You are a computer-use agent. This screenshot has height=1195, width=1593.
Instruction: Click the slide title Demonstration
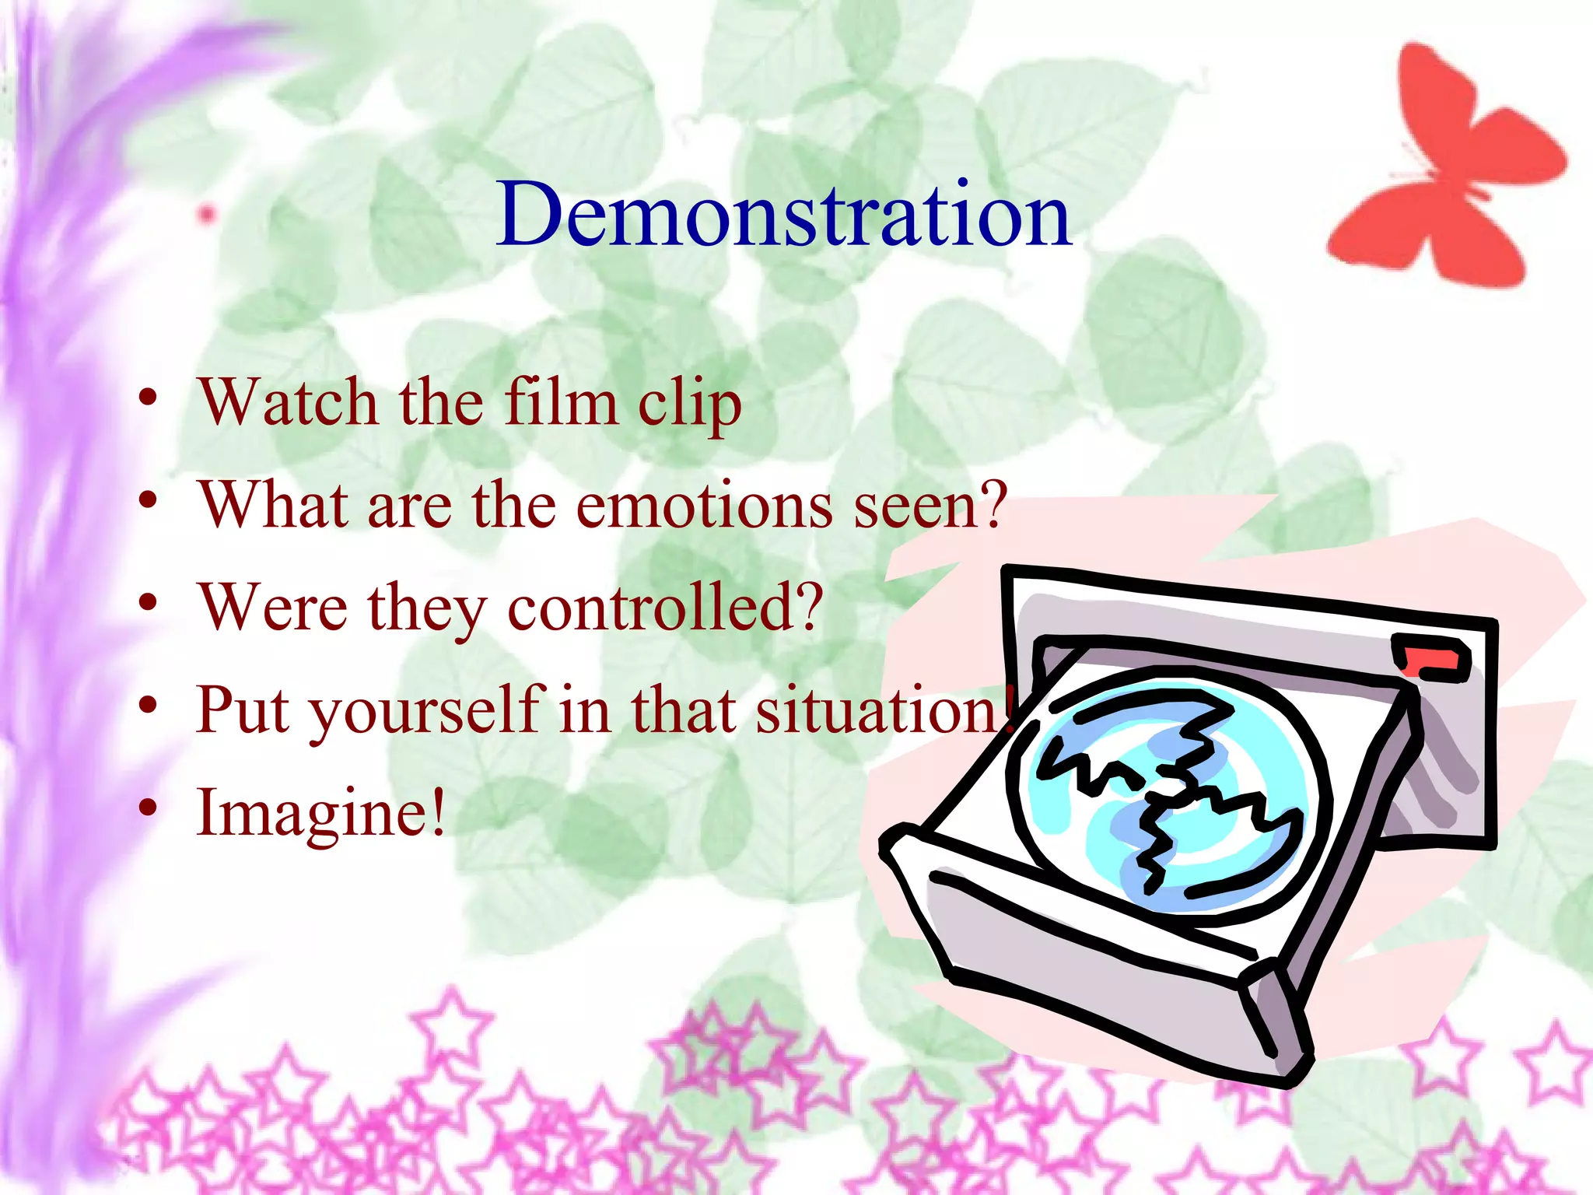click(x=784, y=214)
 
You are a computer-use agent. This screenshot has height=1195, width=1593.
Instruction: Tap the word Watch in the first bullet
click(x=288, y=403)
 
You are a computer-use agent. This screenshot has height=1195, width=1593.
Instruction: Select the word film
click(x=560, y=403)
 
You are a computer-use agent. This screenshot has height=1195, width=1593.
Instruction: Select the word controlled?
click(x=665, y=608)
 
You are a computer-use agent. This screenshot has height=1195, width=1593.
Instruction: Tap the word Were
click(x=272, y=608)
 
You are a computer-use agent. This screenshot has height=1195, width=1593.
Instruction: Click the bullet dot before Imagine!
click(x=148, y=809)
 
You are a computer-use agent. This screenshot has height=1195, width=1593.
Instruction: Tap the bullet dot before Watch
click(x=148, y=398)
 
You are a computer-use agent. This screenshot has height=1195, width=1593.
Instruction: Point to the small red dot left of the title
click(x=206, y=214)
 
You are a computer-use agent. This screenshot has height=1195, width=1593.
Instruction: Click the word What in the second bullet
click(x=272, y=506)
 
